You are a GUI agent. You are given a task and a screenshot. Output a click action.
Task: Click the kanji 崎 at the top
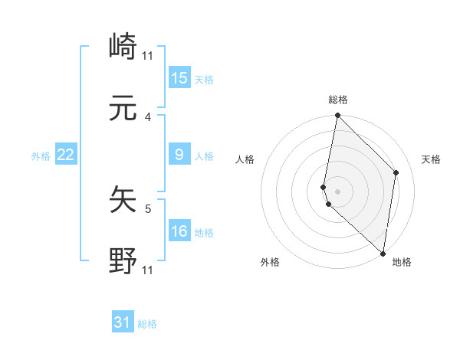[123, 47]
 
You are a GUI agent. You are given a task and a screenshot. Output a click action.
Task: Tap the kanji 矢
[123, 201]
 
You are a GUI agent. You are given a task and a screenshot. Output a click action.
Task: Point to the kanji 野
[123, 261]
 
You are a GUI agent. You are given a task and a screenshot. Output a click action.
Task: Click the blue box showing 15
[179, 78]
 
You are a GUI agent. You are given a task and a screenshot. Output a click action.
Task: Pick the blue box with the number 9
[179, 155]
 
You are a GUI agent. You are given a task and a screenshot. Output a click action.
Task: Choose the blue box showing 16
[179, 231]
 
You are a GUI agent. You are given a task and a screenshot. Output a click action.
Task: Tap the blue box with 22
[66, 155]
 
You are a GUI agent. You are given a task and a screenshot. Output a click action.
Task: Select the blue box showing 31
[123, 322]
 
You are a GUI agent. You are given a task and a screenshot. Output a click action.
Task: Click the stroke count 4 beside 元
[149, 117]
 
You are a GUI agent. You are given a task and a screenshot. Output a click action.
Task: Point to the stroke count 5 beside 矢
[149, 208]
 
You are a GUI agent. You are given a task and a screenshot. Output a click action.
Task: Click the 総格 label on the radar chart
[338, 100]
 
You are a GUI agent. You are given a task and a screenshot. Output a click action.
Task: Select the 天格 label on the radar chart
[431, 159]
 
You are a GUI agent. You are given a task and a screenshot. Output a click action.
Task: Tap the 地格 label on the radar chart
[402, 262]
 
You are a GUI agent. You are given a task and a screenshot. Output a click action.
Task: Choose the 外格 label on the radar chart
[270, 262]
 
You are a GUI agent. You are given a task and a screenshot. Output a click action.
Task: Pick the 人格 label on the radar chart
[245, 159]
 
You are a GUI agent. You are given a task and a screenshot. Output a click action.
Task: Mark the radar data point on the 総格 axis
[337, 116]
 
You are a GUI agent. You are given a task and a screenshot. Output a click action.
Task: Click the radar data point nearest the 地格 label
[383, 253]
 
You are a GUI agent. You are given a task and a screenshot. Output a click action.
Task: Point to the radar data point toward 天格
[396, 172]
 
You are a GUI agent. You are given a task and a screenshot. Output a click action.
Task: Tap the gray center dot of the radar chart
[337, 191]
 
